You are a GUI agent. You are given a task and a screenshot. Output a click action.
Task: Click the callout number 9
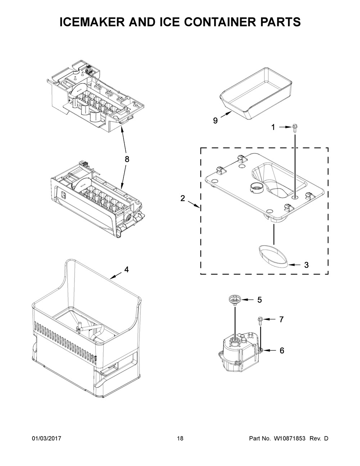tap(215, 121)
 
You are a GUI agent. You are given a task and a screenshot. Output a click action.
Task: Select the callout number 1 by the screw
tap(273, 127)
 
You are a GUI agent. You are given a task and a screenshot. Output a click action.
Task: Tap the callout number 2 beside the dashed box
tap(183, 198)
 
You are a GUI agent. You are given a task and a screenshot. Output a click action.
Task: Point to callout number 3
tap(307, 265)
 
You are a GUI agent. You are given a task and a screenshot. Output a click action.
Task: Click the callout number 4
tap(127, 270)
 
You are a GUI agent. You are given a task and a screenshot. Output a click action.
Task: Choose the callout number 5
tap(260, 300)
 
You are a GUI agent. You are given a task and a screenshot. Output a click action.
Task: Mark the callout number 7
tap(282, 319)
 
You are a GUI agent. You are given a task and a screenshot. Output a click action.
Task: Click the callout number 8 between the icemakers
tap(127, 159)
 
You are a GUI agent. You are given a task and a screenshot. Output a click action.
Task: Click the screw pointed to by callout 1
tap(294, 129)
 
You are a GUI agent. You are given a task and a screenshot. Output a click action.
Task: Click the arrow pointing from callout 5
tap(248, 300)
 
